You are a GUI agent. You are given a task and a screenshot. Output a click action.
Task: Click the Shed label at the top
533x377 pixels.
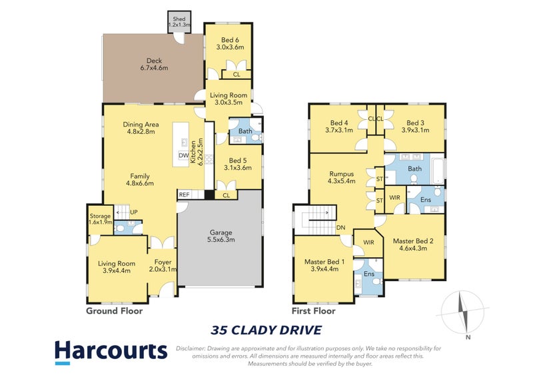[179, 22]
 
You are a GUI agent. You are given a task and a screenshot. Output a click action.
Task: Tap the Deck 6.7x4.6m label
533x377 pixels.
[152, 64]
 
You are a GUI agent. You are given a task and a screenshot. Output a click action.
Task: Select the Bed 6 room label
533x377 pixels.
[228, 43]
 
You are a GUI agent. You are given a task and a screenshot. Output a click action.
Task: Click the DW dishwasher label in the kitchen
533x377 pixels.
[183, 156]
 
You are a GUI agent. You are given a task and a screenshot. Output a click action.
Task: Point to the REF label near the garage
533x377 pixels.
[185, 195]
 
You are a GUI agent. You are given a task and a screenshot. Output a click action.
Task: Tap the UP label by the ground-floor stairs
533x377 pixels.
[133, 212]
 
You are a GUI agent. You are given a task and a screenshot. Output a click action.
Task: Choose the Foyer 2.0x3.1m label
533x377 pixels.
[163, 266]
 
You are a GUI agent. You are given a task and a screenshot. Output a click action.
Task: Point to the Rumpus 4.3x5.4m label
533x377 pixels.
[341, 177]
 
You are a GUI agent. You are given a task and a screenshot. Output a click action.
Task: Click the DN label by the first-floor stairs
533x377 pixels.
[340, 227]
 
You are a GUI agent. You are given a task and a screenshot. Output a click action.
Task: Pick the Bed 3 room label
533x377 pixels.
[414, 127]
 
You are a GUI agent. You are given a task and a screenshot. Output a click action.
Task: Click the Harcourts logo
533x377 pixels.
[111, 351]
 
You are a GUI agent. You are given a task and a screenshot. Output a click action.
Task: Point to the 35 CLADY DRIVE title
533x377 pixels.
[266, 329]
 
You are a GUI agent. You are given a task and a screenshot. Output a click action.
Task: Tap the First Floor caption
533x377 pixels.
[313, 310]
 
